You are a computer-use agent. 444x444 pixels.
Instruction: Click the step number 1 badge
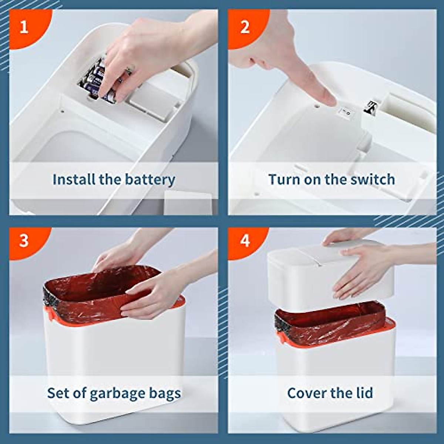(x=24, y=27)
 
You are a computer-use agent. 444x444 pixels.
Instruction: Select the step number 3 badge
(x=24, y=240)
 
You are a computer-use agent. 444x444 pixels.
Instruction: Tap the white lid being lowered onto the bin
(x=296, y=274)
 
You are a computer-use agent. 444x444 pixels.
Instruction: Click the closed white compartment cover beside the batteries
(x=150, y=102)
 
